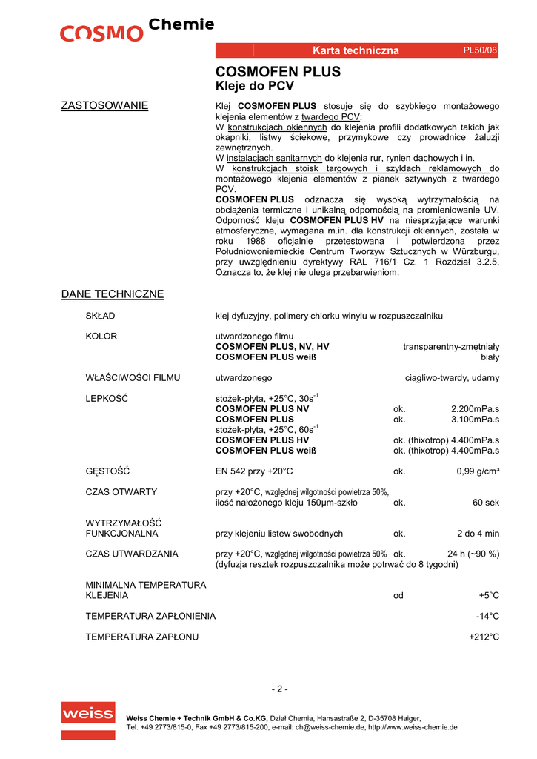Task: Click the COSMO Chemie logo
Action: click(137, 30)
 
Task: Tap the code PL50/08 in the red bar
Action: click(480, 50)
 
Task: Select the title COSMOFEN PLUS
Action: click(278, 72)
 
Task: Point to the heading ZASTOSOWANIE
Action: click(104, 106)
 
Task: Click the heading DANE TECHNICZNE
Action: click(112, 294)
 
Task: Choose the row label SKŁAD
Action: click(101, 316)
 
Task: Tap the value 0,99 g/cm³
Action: click(477, 471)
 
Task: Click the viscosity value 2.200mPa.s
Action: click(475, 409)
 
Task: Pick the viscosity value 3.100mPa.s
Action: click(475, 420)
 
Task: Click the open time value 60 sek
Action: click(486, 503)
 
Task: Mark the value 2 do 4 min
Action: click(478, 534)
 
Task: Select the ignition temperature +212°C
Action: click(484, 637)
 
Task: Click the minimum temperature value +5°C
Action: click(489, 595)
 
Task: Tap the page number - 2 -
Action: click(279, 689)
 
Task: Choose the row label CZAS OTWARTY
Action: click(121, 492)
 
